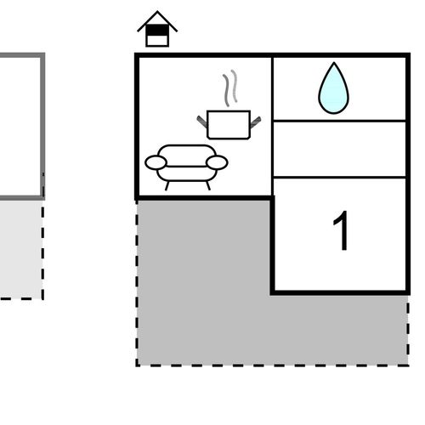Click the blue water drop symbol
pyautogui.click(x=334, y=91)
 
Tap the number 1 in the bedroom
pyautogui.click(x=342, y=230)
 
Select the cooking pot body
pyautogui.click(x=229, y=125)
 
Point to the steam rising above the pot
pyautogui.click(x=230, y=88)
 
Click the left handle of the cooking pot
pyautogui.click(x=202, y=122)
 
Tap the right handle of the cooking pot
pyautogui.click(x=255, y=122)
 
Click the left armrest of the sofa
pyautogui.click(x=156, y=162)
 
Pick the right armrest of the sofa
pyautogui.click(x=217, y=162)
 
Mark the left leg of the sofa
pyautogui.click(x=167, y=186)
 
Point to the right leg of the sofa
pyautogui.click(x=208, y=186)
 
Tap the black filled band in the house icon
pyautogui.click(x=157, y=30)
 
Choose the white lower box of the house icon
pyautogui.click(x=157, y=40)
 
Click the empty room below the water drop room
pyautogui.click(x=339, y=149)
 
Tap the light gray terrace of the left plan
pyautogui.click(x=20, y=249)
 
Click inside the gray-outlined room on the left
pyautogui.click(x=20, y=126)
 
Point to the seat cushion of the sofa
pyautogui.click(x=186, y=173)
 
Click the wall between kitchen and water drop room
pyautogui.click(x=272, y=126)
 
